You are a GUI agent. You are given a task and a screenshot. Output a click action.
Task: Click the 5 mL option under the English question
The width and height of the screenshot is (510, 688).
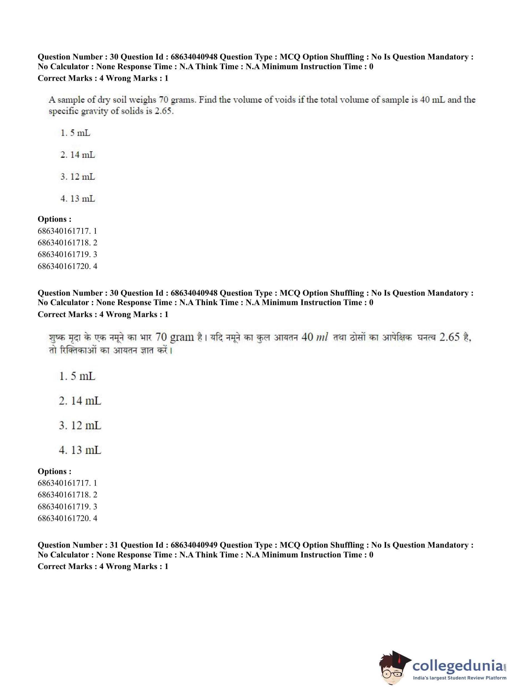pyautogui.click(x=75, y=133)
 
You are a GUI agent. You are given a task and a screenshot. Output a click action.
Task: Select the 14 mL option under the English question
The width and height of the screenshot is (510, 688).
pyautogui.click(x=78, y=155)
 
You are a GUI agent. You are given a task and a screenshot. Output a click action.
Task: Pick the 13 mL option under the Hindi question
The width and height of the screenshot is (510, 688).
pyautogui.click(x=80, y=450)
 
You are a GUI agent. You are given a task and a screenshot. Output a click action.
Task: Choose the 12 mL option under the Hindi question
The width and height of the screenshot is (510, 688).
pyautogui.click(x=80, y=425)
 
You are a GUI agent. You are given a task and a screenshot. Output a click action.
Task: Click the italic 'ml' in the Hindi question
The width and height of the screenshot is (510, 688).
pyautogui.click(x=322, y=338)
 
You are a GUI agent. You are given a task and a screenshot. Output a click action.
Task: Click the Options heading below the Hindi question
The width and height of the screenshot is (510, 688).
pyautogui.click(x=54, y=471)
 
